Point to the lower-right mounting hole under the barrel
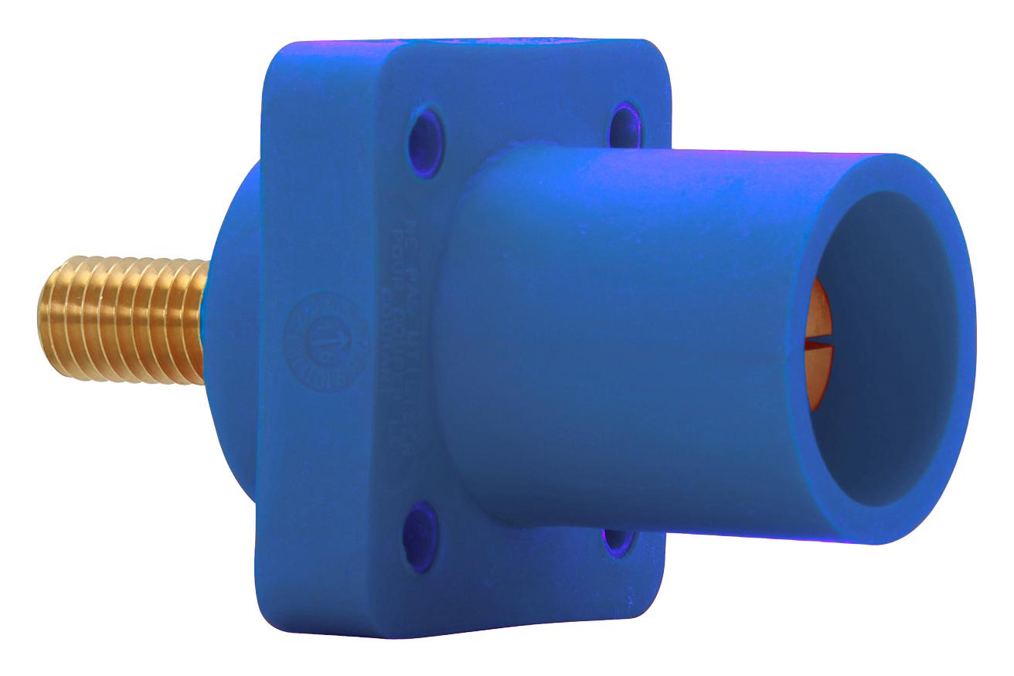coord(614,540)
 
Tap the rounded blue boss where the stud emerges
coord(232,255)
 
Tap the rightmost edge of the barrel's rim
coord(975,348)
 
